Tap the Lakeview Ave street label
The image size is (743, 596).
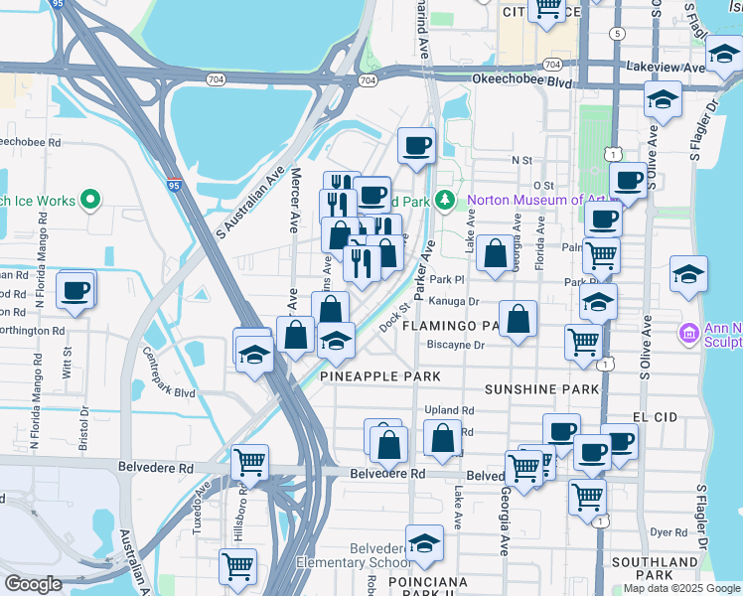click(x=665, y=68)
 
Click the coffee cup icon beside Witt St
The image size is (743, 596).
click(x=75, y=291)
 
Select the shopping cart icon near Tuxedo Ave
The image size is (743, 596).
click(x=249, y=462)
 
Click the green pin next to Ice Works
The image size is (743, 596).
click(x=90, y=201)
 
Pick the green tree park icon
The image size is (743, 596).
click(x=445, y=200)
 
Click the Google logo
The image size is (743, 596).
click(x=35, y=584)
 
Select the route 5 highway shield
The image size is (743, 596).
click(x=618, y=34)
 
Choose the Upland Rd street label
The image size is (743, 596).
click(x=449, y=409)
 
